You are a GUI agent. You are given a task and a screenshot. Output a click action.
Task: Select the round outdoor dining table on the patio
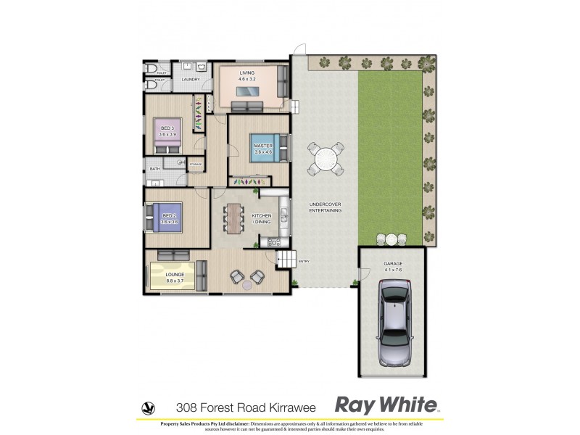[x=326, y=159]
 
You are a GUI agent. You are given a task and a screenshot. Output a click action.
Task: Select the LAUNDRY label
[x=191, y=80]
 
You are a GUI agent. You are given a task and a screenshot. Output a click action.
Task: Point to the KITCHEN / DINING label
[x=261, y=219]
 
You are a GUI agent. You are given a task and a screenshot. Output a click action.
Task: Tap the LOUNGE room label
[x=175, y=275]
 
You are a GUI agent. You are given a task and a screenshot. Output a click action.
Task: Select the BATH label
[x=154, y=169]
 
